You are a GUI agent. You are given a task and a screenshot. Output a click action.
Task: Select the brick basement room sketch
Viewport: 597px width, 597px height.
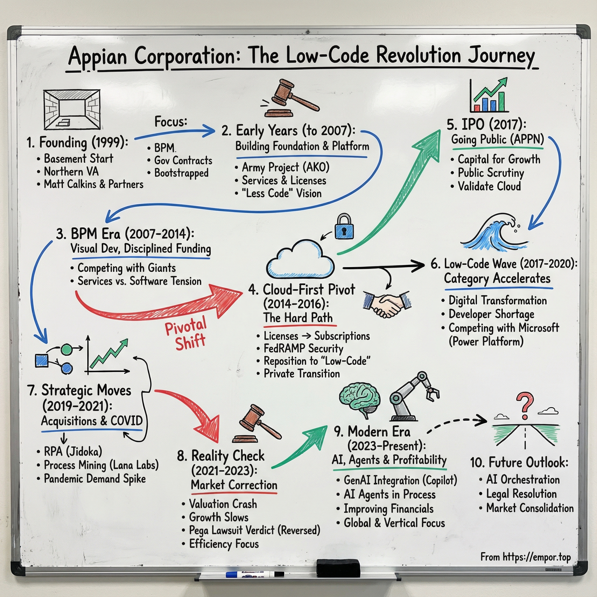[72, 109]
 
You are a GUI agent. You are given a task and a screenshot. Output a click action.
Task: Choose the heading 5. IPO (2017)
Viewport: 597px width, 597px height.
[487, 124]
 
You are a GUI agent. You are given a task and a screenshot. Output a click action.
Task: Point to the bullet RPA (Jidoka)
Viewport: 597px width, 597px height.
[73, 452]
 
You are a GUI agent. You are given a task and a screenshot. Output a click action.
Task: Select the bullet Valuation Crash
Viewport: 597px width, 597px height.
[223, 504]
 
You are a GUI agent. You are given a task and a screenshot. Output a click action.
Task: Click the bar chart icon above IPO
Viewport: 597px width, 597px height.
[488, 96]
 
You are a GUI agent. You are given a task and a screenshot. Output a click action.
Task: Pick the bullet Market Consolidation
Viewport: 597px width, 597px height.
[530, 508]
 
